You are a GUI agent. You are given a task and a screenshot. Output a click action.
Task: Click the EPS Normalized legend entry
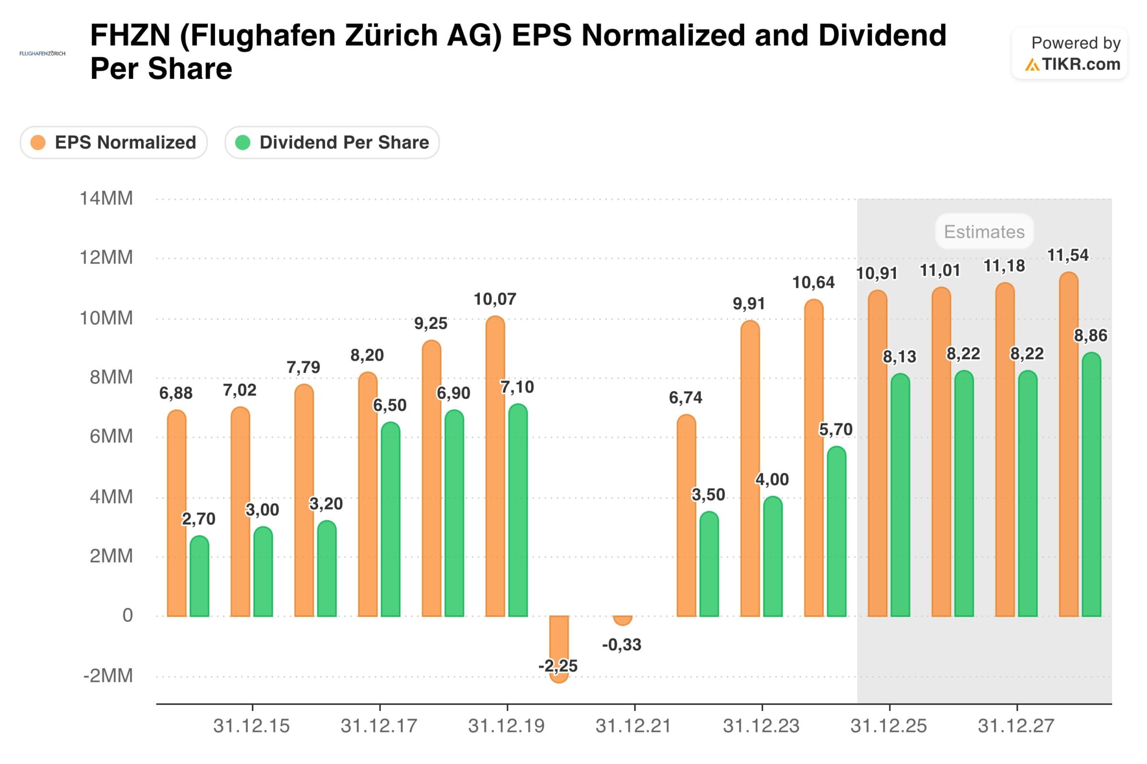(114, 143)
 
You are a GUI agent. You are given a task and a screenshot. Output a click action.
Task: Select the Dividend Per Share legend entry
(332, 143)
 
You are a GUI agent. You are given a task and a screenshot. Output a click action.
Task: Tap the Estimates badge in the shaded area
(984, 232)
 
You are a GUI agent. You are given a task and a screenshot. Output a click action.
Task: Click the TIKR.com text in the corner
(1081, 64)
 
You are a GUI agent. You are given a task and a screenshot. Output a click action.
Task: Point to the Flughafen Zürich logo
(43, 53)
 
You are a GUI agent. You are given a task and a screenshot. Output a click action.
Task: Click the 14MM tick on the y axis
(106, 199)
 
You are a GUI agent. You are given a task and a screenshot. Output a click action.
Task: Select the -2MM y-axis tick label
(108, 676)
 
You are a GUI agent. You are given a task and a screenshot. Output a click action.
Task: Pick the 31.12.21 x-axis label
(634, 726)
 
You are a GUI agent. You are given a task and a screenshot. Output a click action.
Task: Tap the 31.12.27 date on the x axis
(1017, 726)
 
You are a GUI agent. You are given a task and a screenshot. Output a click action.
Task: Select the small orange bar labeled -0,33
(622, 620)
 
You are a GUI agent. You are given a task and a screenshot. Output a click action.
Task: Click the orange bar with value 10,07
(495, 468)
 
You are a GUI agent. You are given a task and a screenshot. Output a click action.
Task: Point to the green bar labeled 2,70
(199, 577)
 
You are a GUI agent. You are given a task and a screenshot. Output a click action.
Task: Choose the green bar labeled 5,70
(836, 532)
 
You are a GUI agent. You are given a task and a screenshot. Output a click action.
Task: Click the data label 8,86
(1091, 336)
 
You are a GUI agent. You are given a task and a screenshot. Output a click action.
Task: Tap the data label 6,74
(685, 398)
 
